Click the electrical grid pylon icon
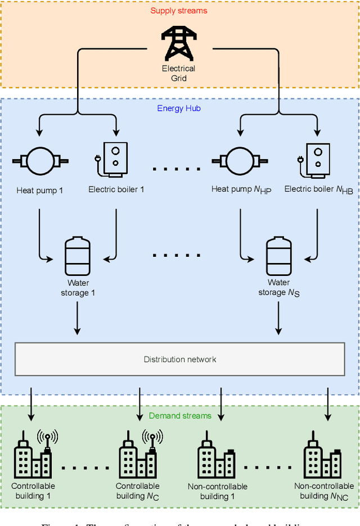[x=178, y=44]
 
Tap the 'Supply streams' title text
[x=179, y=11]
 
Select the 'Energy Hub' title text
[x=178, y=108]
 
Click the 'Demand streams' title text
[x=180, y=416]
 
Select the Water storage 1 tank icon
[x=77, y=255]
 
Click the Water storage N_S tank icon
[x=278, y=255]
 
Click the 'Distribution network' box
[x=179, y=359]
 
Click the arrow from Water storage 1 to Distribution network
[x=77, y=319]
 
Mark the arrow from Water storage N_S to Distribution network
[x=278, y=319]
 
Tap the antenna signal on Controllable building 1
[x=47, y=437]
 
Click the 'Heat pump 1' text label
[x=39, y=190]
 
